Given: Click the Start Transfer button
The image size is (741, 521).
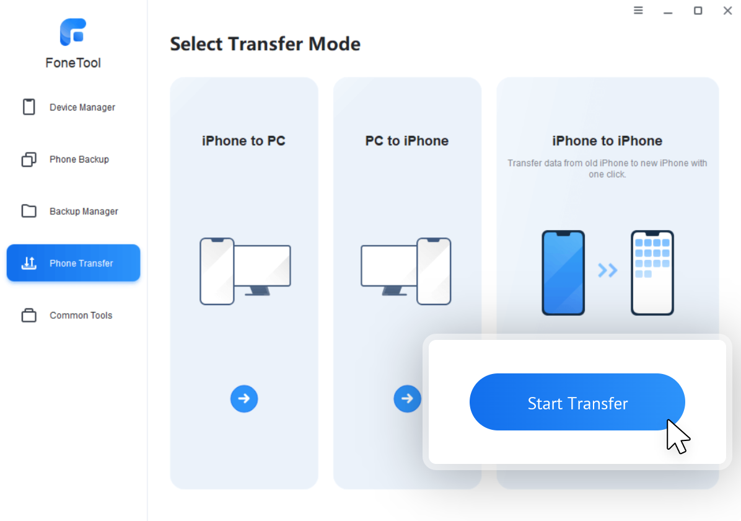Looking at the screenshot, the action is pyautogui.click(x=577, y=402).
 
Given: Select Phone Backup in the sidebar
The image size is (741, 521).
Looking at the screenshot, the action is pyautogui.click(x=66, y=159).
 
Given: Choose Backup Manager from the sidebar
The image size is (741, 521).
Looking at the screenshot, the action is pyautogui.click(x=70, y=211).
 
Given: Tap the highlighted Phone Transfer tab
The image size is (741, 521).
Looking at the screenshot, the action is pyautogui.click(x=73, y=262).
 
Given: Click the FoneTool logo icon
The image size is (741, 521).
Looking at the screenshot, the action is pyautogui.click(x=72, y=32).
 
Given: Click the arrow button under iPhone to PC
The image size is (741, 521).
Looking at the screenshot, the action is pyautogui.click(x=244, y=398).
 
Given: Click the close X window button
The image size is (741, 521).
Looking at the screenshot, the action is pyautogui.click(x=727, y=11).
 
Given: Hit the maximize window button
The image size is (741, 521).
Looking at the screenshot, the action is pyautogui.click(x=698, y=11).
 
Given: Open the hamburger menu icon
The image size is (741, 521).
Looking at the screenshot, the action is pyautogui.click(x=638, y=11).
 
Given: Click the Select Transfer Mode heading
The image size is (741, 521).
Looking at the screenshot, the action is pyautogui.click(x=265, y=44).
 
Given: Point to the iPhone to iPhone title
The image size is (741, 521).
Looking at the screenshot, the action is pyautogui.click(x=607, y=141).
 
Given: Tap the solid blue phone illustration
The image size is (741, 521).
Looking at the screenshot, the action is pyautogui.click(x=563, y=272).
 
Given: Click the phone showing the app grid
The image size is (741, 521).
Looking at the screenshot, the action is pyautogui.click(x=652, y=272).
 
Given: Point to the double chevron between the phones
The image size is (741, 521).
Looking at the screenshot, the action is pyautogui.click(x=608, y=270).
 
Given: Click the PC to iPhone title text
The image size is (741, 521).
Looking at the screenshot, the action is pyautogui.click(x=407, y=141).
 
